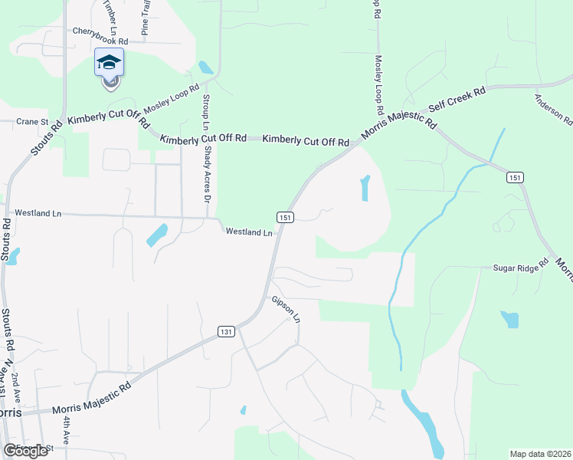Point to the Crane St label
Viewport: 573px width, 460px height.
point(33,122)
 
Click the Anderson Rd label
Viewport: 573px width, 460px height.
point(553,109)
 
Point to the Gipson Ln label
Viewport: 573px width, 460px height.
point(286,307)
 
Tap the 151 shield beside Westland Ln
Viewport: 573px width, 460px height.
point(284,217)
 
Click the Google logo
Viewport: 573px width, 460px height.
point(25,451)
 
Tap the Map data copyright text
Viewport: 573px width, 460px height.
point(541,454)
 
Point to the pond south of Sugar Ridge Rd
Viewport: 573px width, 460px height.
point(509,318)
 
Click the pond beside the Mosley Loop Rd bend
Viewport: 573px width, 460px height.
point(205,67)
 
